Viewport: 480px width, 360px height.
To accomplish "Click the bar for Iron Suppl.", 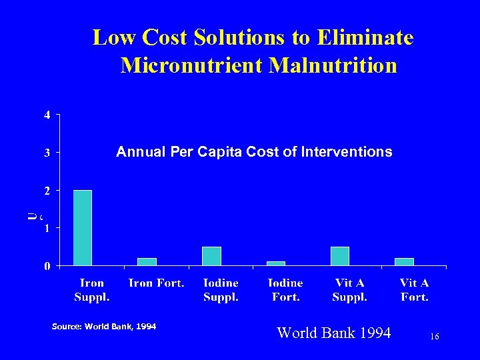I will point(82,228).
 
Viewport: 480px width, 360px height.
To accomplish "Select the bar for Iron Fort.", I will point(147,262).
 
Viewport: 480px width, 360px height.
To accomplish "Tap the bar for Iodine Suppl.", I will point(211,256).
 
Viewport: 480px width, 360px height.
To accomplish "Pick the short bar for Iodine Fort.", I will point(275,263).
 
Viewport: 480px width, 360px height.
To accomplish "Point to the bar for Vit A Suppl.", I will point(340,256).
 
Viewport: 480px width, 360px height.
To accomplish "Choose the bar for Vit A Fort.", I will point(404,262).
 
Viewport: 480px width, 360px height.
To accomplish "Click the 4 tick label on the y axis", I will point(46,115).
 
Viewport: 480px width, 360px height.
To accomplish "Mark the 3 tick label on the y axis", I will point(46,153).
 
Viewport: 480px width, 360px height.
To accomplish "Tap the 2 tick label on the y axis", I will point(46,191).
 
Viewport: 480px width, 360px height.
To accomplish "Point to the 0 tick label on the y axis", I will point(46,267).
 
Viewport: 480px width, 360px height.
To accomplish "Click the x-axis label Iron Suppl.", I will point(92,290).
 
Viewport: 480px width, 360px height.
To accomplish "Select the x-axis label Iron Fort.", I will point(156,283).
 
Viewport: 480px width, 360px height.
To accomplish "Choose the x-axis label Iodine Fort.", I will point(285,290).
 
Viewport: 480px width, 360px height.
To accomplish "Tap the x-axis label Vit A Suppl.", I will point(349,290).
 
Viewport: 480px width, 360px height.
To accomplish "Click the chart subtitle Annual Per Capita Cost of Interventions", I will point(254,153).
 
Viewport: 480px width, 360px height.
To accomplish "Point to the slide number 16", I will point(434,338).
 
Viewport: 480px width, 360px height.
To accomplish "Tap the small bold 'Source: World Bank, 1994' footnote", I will point(104,327).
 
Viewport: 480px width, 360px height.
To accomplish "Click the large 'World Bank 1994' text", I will point(333,333).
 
